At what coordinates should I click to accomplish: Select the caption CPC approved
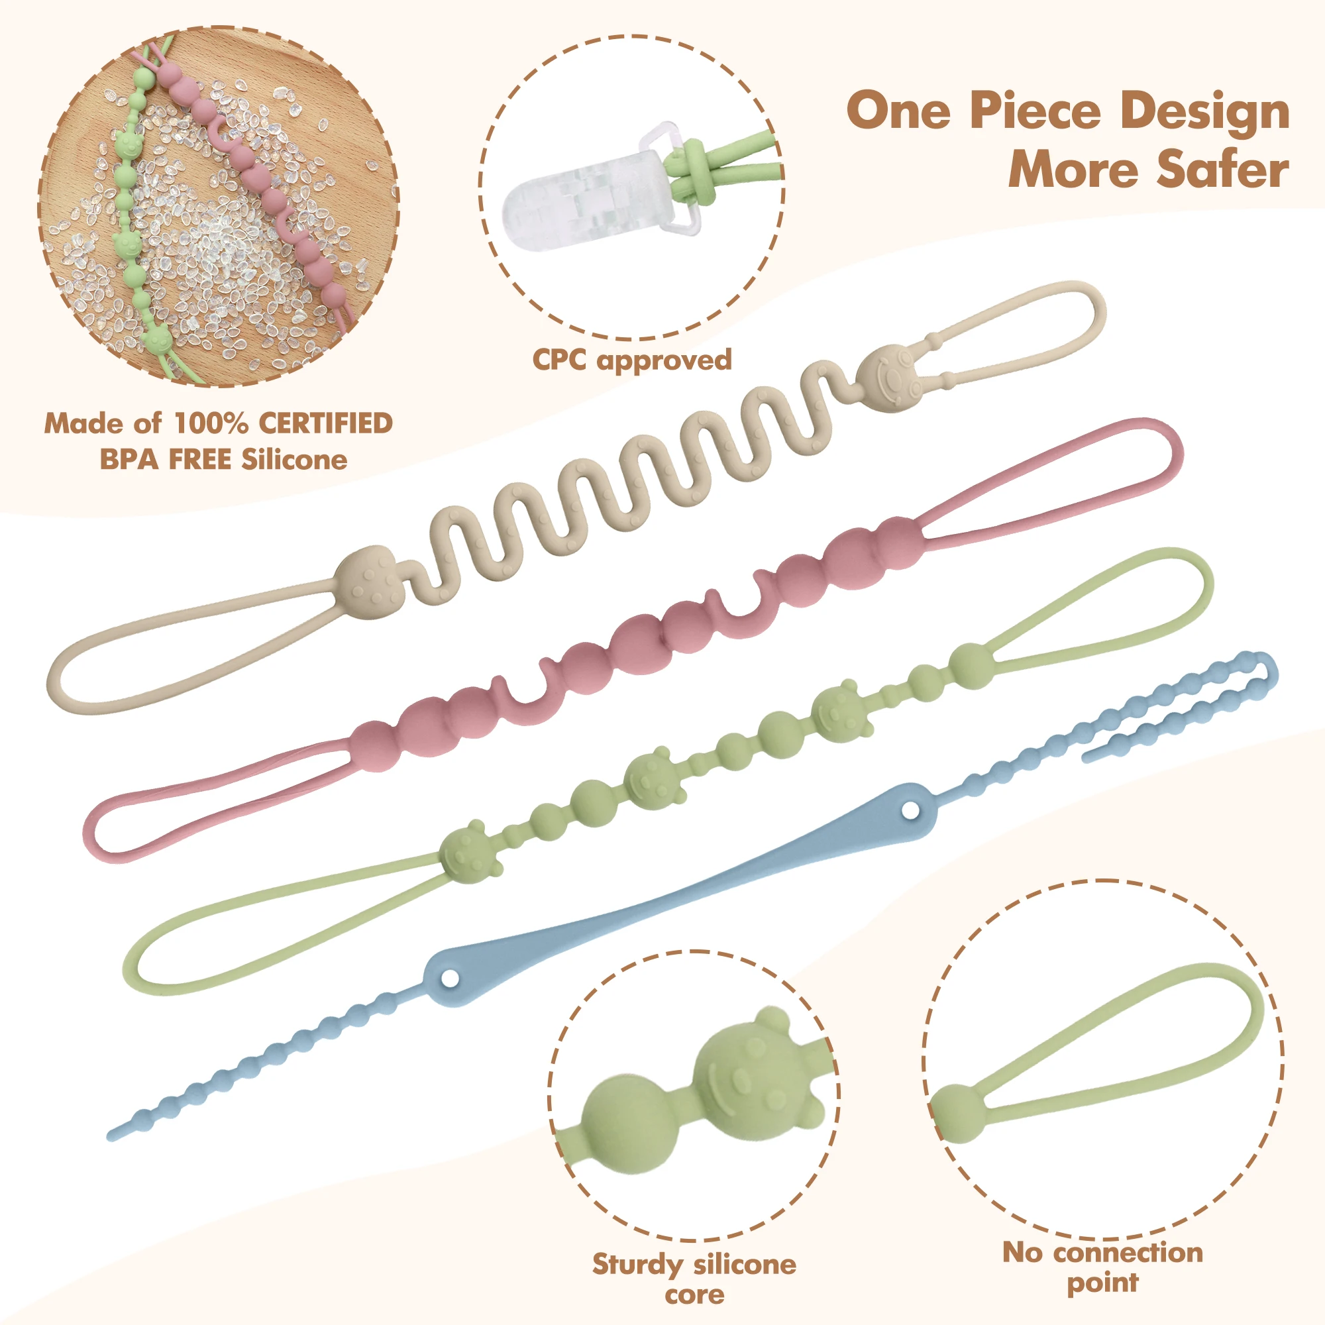[x=631, y=360]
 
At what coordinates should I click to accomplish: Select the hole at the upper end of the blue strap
[x=911, y=810]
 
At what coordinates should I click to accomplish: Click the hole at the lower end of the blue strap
[x=450, y=977]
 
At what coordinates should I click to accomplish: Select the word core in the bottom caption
[x=694, y=1295]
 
